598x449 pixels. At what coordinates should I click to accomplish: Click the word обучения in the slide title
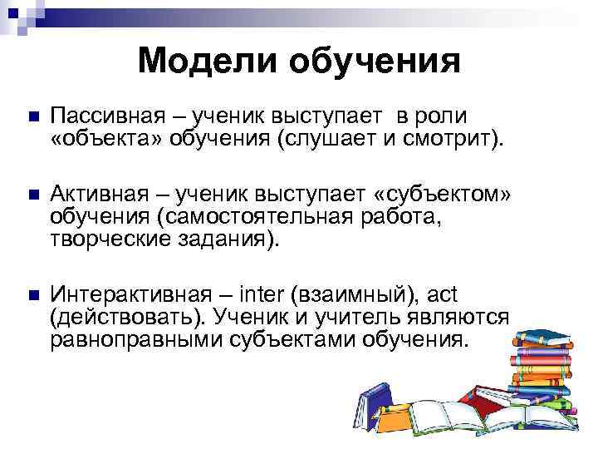click(x=374, y=62)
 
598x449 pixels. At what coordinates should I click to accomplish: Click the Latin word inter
click(x=261, y=294)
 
